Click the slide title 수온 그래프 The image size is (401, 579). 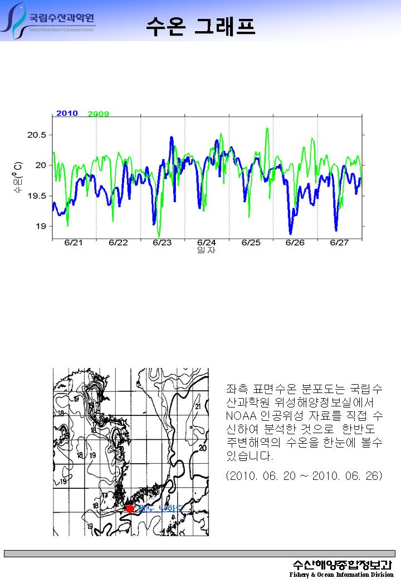click(x=200, y=26)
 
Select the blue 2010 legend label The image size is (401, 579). click(x=67, y=114)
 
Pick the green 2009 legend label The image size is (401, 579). click(x=98, y=114)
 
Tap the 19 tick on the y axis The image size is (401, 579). click(x=42, y=226)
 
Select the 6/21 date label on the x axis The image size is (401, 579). click(x=74, y=243)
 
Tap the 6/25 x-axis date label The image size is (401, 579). click(x=251, y=243)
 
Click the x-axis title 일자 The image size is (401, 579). click(x=206, y=251)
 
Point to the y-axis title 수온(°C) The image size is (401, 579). click(x=18, y=178)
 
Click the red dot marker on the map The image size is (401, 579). click(x=130, y=508)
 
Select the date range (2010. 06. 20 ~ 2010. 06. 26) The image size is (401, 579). click(x=304, y=477)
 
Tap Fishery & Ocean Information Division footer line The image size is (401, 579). click(x=341, y=575)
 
